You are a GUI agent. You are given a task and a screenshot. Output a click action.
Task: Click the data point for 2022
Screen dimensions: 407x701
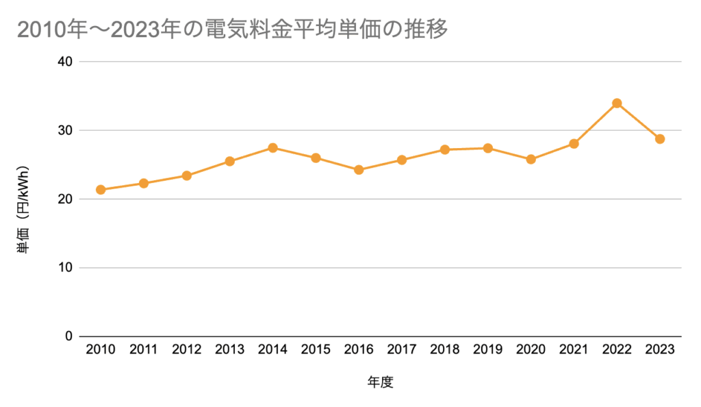pos(617,103)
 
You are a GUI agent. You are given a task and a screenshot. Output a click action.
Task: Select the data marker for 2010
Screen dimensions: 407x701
pos(101,190)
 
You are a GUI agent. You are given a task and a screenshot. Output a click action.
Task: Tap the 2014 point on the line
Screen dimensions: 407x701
pos(272,148)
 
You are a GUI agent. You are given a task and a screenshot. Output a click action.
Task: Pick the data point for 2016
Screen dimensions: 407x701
pos(359,170)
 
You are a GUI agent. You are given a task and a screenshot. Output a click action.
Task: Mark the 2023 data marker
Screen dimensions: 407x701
pos(660,139)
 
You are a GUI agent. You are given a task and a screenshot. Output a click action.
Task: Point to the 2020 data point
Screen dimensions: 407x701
pos(531,160)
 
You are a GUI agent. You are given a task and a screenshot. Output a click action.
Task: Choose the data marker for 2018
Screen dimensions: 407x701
pos(445,149)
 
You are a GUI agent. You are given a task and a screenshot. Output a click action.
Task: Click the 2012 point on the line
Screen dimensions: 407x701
pos(186,176)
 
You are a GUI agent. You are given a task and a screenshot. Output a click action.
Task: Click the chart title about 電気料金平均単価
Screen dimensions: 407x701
pos(232,31)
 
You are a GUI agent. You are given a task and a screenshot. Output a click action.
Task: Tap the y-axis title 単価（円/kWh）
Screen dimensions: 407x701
pos(23,209)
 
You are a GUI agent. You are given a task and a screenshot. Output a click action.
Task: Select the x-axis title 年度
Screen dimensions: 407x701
pos(381,382)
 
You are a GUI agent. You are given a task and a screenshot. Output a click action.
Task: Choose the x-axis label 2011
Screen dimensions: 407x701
pos(143,350)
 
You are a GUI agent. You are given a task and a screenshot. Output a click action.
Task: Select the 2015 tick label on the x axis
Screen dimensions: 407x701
pos(316,350)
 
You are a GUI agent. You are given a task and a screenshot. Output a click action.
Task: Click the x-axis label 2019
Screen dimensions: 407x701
pos(487,350)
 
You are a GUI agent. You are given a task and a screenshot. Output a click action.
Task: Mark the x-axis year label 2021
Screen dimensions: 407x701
pos(574,350)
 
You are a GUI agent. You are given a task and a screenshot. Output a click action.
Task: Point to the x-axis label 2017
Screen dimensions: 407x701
pos(402,350)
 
